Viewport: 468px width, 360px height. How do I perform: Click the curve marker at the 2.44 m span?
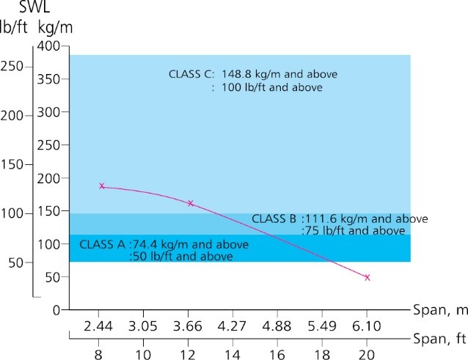[102, 186]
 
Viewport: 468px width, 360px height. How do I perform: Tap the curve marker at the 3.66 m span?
[191, 203]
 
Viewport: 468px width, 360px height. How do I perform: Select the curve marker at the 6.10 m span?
[367, 277]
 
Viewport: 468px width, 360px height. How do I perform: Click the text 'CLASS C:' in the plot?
[191, 75]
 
